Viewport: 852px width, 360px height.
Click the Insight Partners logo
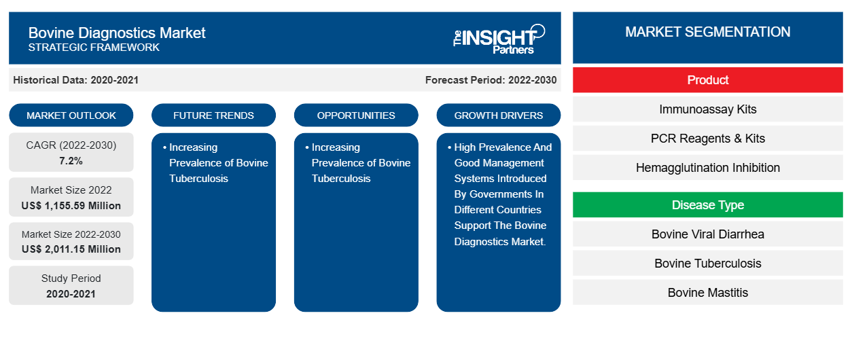(x=499, y=39)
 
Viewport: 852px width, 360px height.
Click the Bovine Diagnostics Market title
(x=117, y=33)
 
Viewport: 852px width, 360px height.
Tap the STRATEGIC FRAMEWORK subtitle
(x=94, y=48)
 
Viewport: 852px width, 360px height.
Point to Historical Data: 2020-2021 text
(x=76, y=80)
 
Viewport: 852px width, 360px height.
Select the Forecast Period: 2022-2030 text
(x=491, y=80)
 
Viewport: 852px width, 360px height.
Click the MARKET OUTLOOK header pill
(x=71, y=115)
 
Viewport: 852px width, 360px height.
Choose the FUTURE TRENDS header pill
(x=213, y=115)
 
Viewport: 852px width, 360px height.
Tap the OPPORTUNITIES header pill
(x=356, y=115)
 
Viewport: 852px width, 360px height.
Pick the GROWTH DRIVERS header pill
(x=499, y=115)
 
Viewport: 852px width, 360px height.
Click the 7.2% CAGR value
(x=71, y=161)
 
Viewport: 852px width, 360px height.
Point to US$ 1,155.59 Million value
(x=71, y=206)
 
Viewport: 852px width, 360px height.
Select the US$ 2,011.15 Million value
(x=71, y=249)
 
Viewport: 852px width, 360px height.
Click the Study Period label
(x=71, y=278)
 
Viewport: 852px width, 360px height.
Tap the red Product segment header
(x=707, y=80)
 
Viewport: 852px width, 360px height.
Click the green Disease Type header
(x=707, y=205)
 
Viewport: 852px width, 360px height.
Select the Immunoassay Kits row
(x=707, y=109)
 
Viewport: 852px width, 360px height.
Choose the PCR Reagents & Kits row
(x=707, y=139)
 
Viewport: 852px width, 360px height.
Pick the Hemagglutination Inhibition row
(x=707, y=168)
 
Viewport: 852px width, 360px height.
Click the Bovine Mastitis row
(x=707, y=293)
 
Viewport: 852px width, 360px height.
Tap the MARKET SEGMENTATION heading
(x=707, y=32)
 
